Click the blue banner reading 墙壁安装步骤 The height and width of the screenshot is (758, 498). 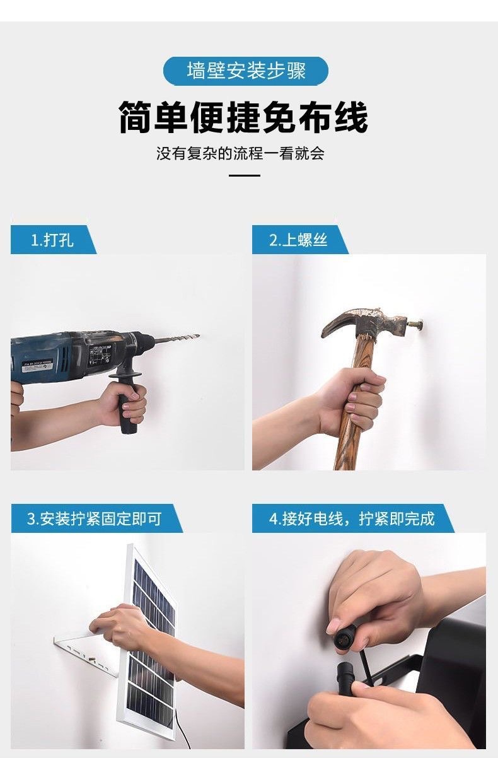(246, 71)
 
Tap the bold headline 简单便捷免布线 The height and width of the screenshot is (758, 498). (243, 118)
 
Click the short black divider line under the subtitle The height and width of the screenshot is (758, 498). (244, 175)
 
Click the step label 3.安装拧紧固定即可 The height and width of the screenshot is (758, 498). (95, 518)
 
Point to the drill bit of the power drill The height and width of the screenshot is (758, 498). (177, 339)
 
